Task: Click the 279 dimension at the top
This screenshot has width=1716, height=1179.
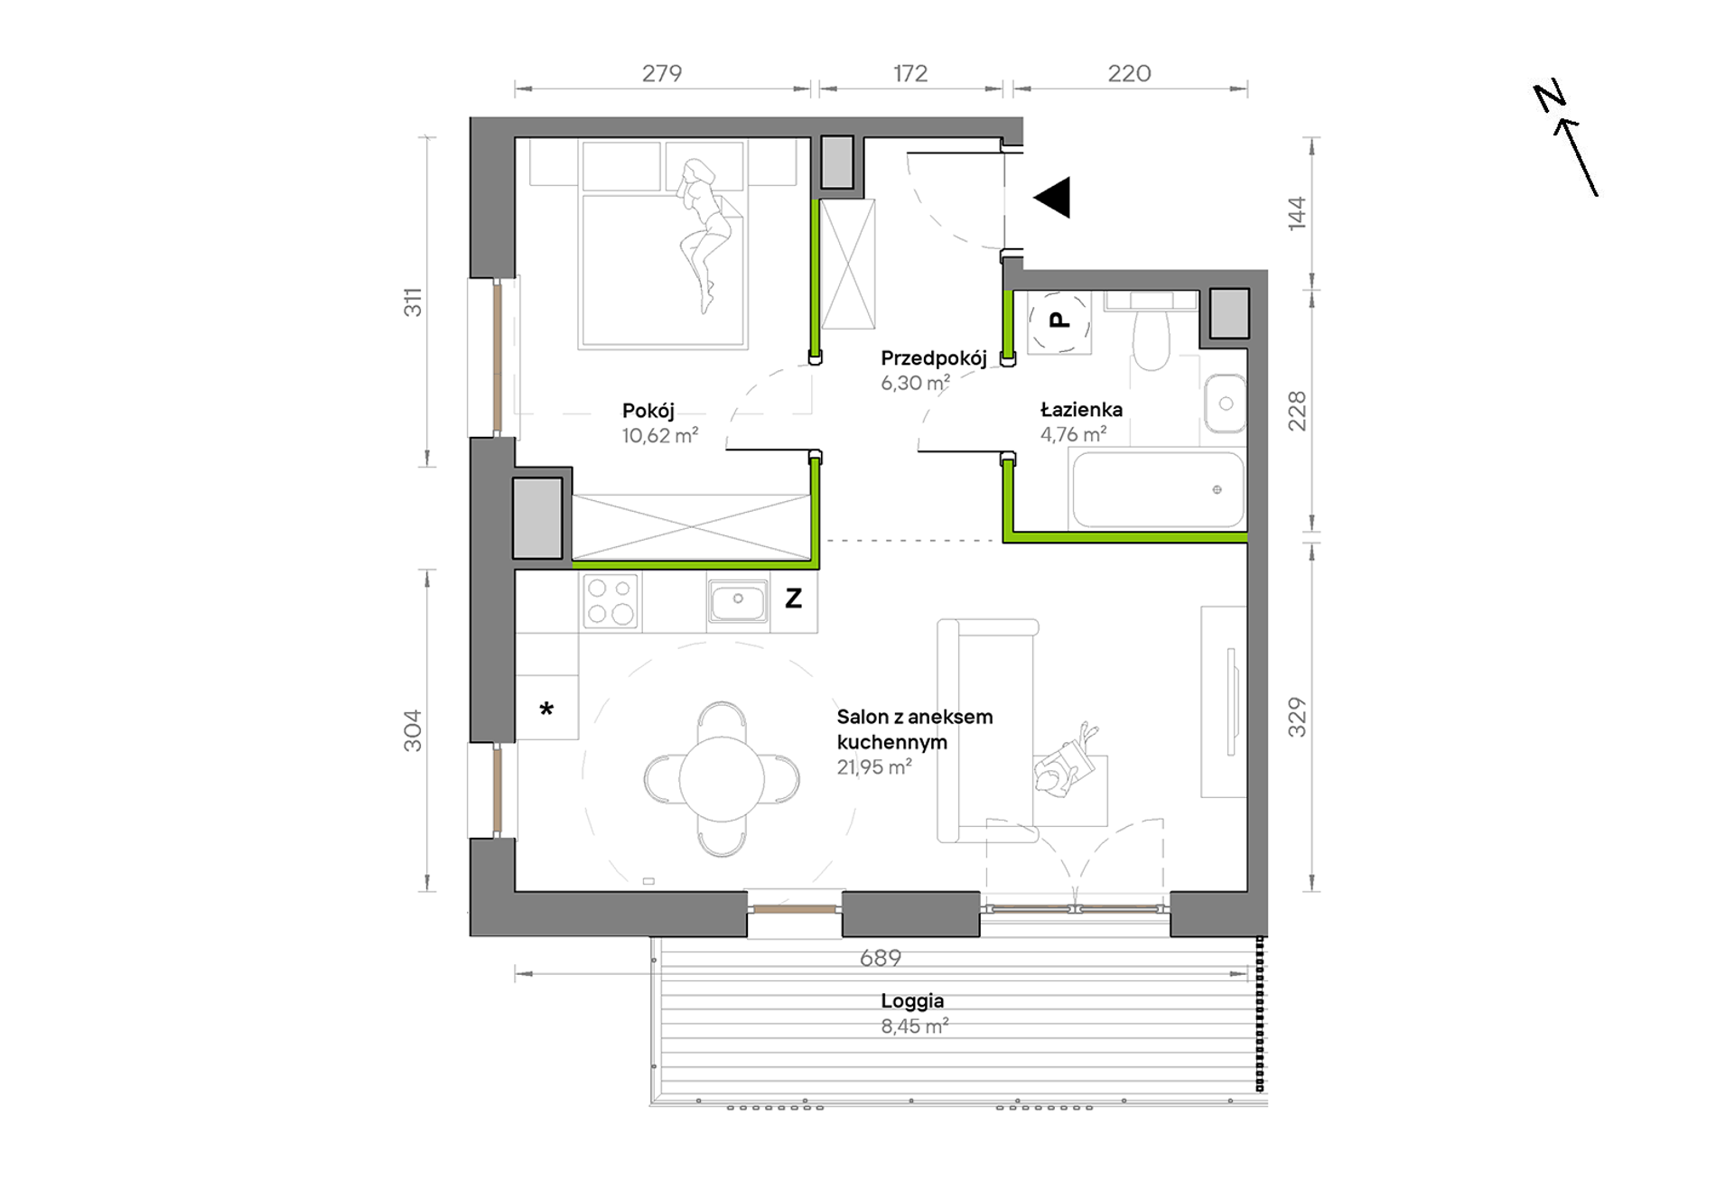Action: click(x=662, y=73)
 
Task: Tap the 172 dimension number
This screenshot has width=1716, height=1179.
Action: click(x=910, y=73)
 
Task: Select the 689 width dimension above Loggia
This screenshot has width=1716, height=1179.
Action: click(x=881, y=958)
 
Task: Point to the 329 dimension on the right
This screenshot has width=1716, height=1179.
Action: click(x=1297, y=717)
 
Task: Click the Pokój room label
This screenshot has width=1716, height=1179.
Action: click(x=648, y=411)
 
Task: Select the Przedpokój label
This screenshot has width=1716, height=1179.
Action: click(x=934, y=358)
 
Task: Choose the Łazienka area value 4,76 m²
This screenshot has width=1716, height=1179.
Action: click(x=1073, y=434)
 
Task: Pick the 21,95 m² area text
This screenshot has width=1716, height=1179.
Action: click(x=874, y=767)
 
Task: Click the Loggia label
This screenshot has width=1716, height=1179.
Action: click(x=913, y=1000)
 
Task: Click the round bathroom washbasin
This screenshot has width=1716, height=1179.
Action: click(x=1225, y=403)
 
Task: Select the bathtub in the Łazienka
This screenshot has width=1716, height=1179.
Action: click(x=1157, y=488)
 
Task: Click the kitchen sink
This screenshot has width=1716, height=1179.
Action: click(x=738, y=600)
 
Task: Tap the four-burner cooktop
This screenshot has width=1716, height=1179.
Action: click(x=611, y=601)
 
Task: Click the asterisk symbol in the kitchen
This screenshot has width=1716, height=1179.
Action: click(x=546, y=709)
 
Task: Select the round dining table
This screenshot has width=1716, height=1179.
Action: click(x=722, y=779)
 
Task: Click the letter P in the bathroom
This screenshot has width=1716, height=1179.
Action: click(x=1059, y=319)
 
